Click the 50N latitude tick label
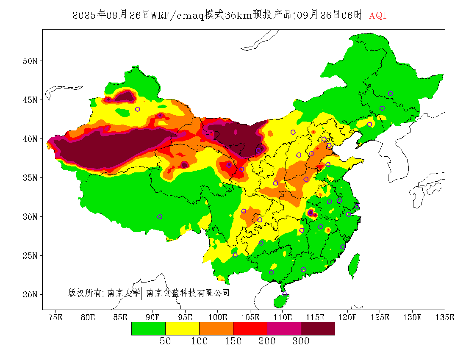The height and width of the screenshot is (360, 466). [x=29, y=61]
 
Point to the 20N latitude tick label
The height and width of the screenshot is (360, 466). [x=29, y=294]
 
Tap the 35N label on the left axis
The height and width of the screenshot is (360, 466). [x=29, y=178]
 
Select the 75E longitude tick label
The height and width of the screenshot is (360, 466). [x=55, y=317]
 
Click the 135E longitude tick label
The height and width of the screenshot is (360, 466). [x=445, y=317]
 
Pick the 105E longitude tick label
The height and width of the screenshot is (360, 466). [x=250, y=317]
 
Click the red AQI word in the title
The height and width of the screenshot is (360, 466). [x=378, y=16]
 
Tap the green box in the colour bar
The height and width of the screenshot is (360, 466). [x=148, y=329]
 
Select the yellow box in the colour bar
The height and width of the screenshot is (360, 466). [x=182, y=329]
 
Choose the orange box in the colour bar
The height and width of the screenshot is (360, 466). [x=216, y=329]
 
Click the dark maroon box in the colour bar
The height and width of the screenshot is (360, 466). [x=318, y=329]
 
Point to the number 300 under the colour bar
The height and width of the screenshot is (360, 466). [x=301, y=341]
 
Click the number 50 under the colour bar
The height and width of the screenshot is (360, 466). [x=165, y=341]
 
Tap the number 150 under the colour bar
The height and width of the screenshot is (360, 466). [x=233, y=341]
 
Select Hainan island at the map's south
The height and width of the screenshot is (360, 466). [x=281, y=301]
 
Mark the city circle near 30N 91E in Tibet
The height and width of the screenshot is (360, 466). [x=160, y=216]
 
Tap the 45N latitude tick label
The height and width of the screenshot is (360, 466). [x=29, y=100]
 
